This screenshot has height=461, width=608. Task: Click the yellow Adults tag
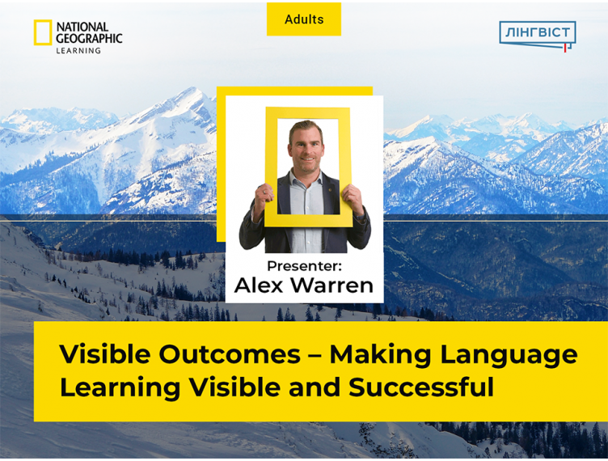tap(304, 19)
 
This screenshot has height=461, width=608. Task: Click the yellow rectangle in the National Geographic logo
tap(43, 32)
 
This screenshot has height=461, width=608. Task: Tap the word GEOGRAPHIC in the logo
tap(89, 38)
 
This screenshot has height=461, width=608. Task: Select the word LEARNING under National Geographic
tap(78, 50)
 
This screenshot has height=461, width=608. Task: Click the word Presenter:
tap(303, 266)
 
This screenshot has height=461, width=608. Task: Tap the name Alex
tap(259, 285)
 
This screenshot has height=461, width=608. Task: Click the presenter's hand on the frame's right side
tap(353, 197)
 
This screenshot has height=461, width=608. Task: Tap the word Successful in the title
tap(421, 387)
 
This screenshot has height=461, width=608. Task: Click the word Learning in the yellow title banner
tap(120, 387)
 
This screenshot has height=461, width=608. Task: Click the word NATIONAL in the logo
tap(82, 27)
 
